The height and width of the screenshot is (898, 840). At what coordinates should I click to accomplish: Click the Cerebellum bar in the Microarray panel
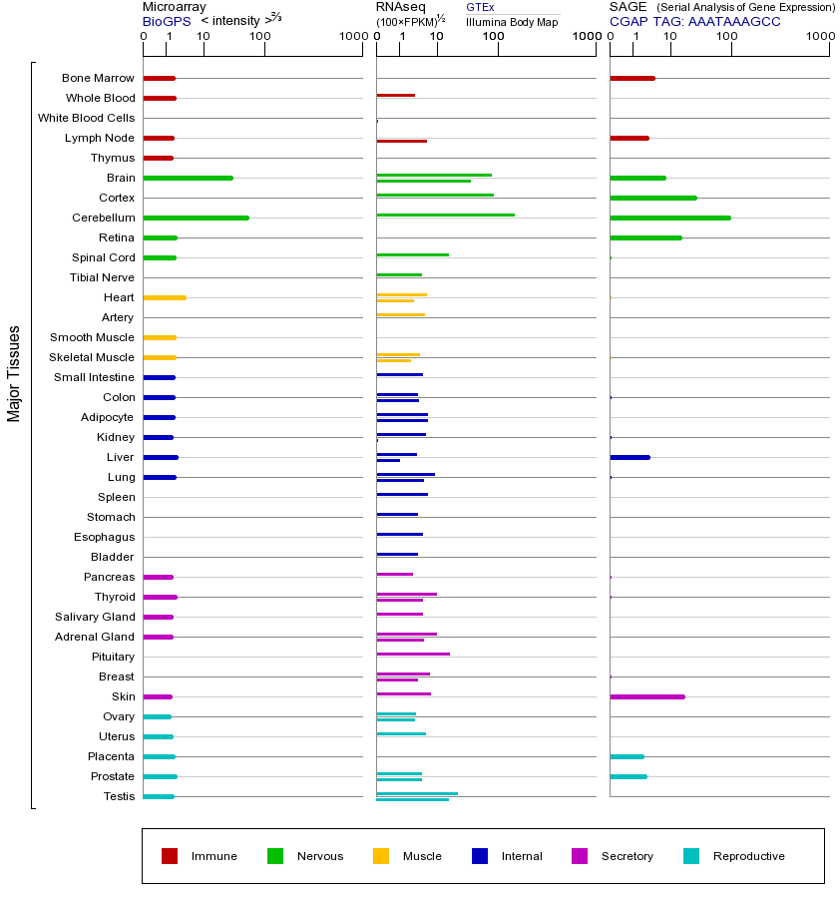coord(196,218)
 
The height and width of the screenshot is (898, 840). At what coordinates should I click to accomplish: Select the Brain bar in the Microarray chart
coord(188,178)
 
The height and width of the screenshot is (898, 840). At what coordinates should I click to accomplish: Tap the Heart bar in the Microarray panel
coord(165,297)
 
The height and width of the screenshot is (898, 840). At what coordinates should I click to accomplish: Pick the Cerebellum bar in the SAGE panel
coord(669,218)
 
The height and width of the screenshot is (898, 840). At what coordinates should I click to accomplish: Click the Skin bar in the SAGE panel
coord(646,696)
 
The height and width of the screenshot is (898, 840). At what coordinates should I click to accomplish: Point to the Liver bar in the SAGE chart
coord(630,457)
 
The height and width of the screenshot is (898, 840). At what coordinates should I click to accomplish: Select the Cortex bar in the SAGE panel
coord(652,198)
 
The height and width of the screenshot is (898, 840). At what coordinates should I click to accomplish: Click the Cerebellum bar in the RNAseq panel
coord(445,215)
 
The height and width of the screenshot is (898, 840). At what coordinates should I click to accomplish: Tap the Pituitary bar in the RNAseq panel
coord(413,654)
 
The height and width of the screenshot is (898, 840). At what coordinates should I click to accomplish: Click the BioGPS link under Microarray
coord(167,20)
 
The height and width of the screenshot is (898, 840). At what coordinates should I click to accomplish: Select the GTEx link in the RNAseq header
coord(480,7)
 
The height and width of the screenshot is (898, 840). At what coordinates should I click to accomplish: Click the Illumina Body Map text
coord(512,22)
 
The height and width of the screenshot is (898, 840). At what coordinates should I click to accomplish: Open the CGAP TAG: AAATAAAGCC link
coord(695,20)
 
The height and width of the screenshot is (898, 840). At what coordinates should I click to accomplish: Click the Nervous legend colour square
coord(275,856)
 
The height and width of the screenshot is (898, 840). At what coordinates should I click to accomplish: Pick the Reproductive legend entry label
coord(748,856)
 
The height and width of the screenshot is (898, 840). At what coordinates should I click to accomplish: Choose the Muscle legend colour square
coord(381,856)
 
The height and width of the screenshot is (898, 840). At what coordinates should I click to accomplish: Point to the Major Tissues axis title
coord(14,373)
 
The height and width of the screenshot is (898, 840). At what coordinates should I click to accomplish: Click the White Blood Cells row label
coord(86,118)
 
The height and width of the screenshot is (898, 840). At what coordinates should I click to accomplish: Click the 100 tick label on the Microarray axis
coord(259,37)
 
